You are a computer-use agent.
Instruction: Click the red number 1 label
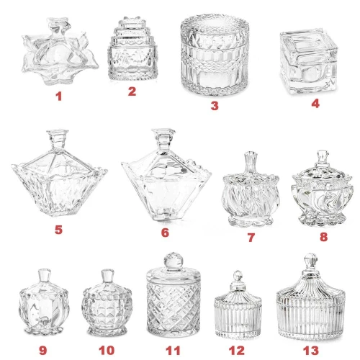pyautogui.click(x=59, y=96)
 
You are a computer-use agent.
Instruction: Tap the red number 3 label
pyautogui.click(x=215, y=105)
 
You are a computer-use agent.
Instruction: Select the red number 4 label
pyautogui.click(x=315, y=103)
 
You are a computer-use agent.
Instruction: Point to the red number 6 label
pyautogui.click(x=165, y=233)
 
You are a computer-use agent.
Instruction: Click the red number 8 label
pyautogui.click(x=323, y=237)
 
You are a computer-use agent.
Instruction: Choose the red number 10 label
pyautogui.click(x=107, y=351)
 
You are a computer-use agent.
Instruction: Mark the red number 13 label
pyautogui.click(x=311, y=351)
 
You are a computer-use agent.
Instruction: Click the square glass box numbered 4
pyautogui.click(x=309, y=61)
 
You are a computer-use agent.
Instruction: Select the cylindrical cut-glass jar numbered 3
pyautogui.click(x=215, y=55)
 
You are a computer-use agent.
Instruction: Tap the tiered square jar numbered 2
pyautogui.click(x=132, y=49)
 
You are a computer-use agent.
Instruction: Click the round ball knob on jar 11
pyautogui.click(x=174, y=261)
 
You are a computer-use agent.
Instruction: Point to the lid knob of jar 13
pyautogui.click(x=310, y=261)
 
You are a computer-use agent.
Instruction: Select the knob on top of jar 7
pyautogui.click(x=251, y=162)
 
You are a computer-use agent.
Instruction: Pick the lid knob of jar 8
pyautogui.click(x=322, y=156)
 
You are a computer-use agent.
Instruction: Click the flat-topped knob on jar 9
pyautogui.click(x=45, y=276)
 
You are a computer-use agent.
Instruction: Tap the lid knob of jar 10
pyautogui.click(x=107, y=276)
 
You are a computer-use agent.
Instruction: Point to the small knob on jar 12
pyautogui.click(x=238, y=276)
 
